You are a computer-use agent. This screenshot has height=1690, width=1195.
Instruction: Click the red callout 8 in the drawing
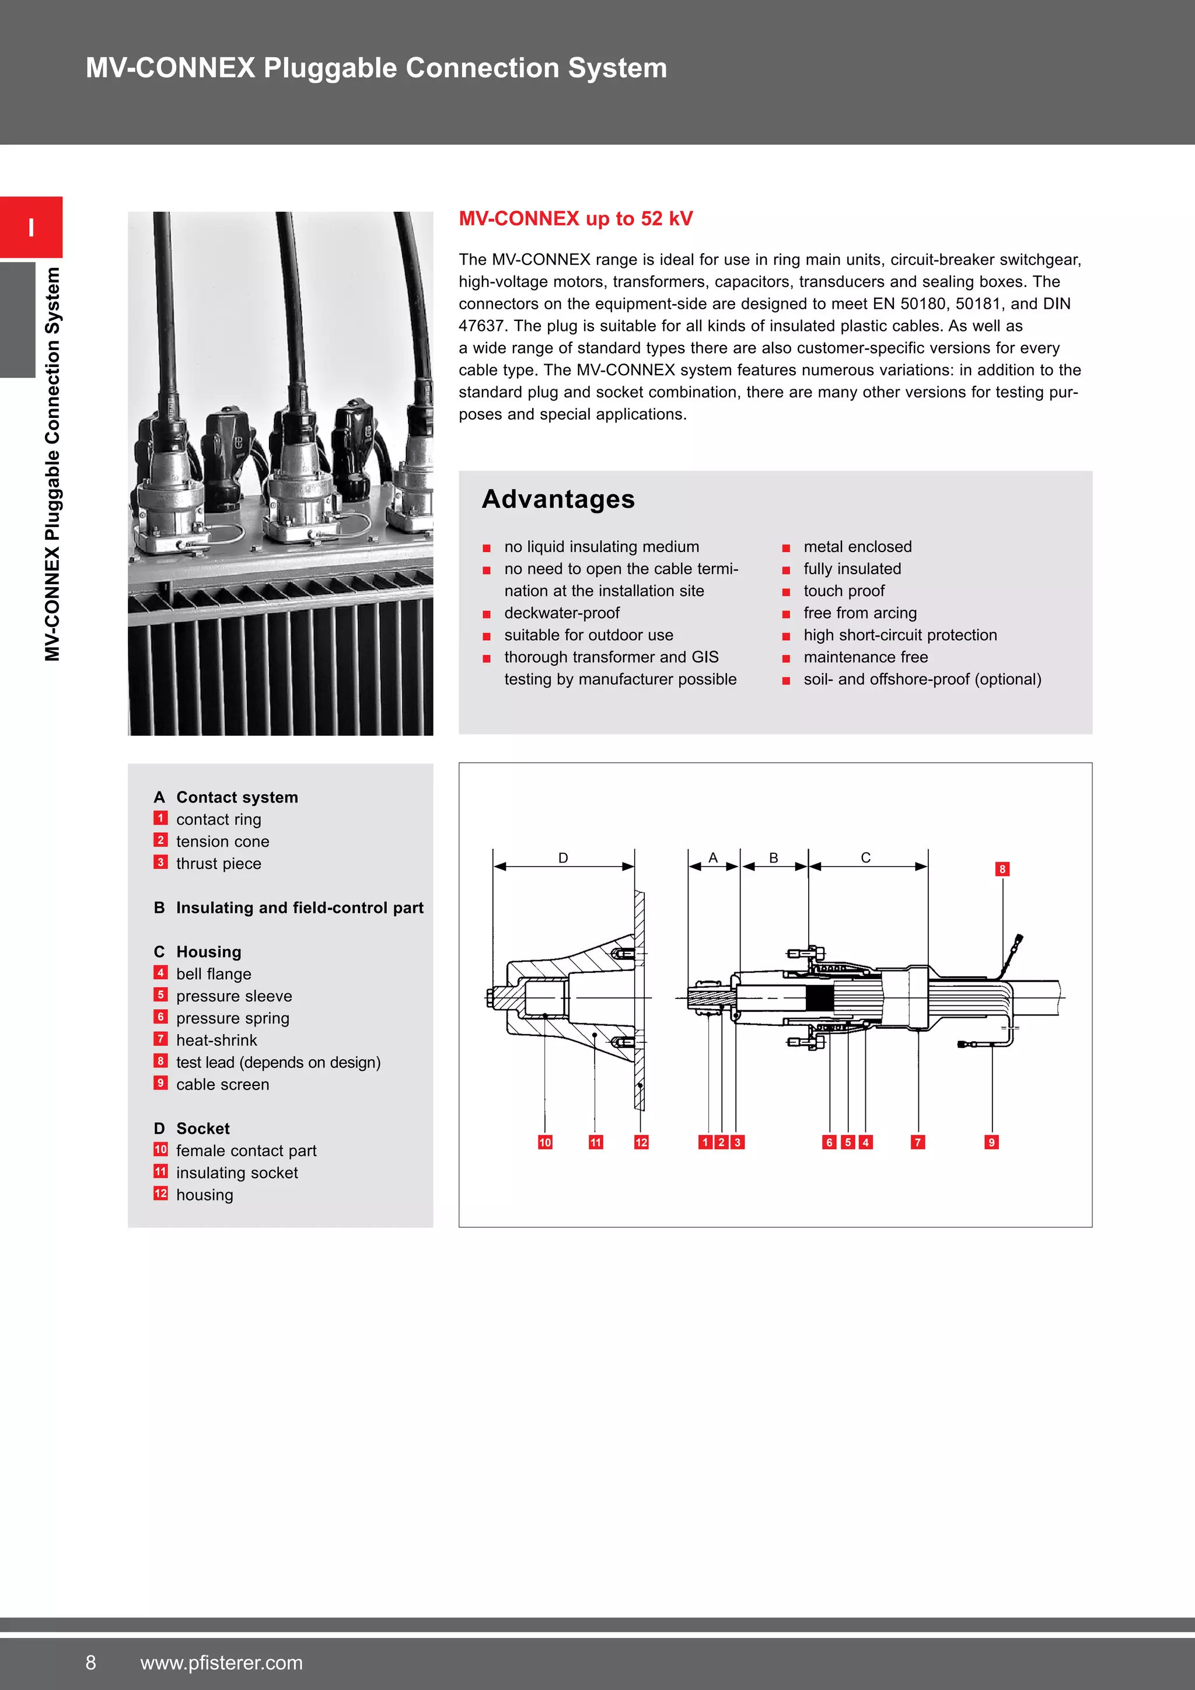coord(1001,870)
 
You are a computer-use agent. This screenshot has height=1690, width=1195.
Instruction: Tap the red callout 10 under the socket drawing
coord(544,1143)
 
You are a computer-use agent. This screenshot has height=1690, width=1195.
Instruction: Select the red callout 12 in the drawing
coord(641,1143)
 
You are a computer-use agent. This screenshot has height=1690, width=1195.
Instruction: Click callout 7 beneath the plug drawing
coord(918,1143)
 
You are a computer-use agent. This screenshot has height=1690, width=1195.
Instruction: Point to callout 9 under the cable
coord(991,1143)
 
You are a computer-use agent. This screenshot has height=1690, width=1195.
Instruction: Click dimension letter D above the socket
coord(563,857)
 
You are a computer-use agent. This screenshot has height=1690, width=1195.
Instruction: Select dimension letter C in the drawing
coord(865,857)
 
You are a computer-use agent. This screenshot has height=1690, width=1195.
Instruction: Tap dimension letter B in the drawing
coord(773,857)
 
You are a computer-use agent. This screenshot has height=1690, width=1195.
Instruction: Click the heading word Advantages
coord(558,499)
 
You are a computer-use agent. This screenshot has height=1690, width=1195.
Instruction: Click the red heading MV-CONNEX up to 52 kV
coord(575,219)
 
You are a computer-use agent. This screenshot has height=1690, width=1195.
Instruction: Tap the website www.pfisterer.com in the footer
coord(222,1663)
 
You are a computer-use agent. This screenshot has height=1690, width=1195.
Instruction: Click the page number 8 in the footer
coord(90,1663)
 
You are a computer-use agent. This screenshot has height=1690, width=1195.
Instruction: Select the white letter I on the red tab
coord(31,228)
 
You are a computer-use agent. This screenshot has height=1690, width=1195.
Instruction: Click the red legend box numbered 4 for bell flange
coord(160,973)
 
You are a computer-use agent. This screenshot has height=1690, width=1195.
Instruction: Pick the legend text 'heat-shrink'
coord(216,1040)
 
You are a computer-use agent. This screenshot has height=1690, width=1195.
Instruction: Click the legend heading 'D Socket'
coord(192,1129)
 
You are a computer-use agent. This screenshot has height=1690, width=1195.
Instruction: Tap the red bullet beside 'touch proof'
coord(786,592)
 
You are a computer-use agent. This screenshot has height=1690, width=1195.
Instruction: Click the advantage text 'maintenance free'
coord(865,657)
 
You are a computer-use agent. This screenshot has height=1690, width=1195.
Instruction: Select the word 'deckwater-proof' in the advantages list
coord(561,613)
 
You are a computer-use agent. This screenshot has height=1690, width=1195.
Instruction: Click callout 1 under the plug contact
coord(705,1143)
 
